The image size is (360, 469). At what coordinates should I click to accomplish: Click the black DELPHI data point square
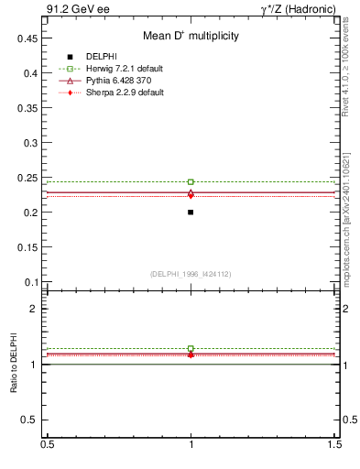click(191, 212)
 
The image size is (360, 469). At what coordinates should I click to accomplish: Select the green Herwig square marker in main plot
click(191, 182)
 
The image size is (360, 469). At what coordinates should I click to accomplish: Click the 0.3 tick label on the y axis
click(30, 143)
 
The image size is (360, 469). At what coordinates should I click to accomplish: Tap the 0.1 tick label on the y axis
click(30, 282)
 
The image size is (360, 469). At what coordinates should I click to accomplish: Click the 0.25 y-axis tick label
click(27, 178)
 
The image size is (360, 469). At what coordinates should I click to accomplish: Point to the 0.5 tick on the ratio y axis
click(30, 420)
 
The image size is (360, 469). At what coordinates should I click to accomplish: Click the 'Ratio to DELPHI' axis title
click(13, 364)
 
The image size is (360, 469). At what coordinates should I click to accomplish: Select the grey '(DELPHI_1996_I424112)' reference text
click(191, 274)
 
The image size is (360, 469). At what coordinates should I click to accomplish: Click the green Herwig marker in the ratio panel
click(191, 349)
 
